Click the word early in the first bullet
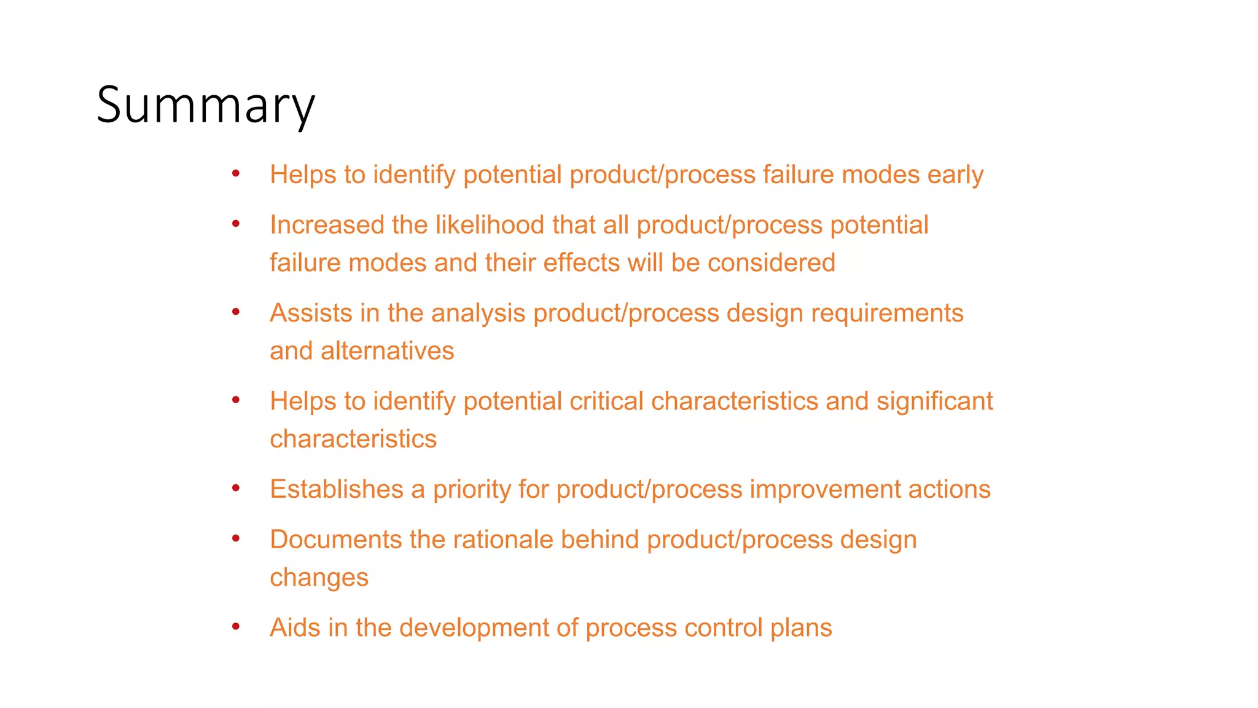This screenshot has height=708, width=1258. click(x=955, y=175)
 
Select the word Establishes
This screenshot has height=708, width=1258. click(x=337, y=489)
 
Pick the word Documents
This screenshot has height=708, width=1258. click(x=335, y=540)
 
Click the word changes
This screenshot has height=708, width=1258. click(x=319, y=578)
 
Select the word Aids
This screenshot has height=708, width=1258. click(x=295, y=627)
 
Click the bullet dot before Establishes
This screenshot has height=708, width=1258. click(x=236, y=489)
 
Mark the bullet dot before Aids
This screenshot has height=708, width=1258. click(x=236, y=627)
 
